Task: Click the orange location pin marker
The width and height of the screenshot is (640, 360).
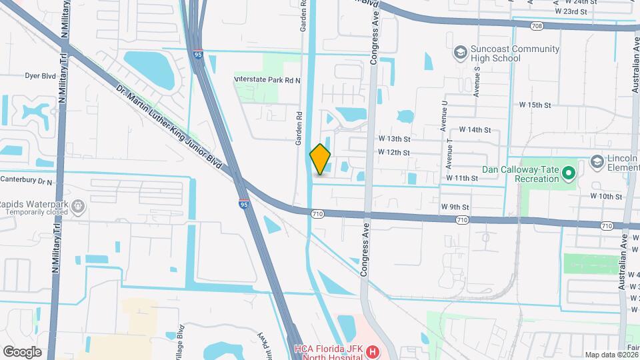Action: point(321,159)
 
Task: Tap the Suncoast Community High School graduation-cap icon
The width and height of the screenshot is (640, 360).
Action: point(459,52)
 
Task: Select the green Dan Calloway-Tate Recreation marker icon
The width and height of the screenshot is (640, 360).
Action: point(568,173)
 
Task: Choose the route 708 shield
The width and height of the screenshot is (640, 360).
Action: point(537,25)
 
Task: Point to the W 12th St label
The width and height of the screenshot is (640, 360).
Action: point(393,153)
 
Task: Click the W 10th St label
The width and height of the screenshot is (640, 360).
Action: point(605,197)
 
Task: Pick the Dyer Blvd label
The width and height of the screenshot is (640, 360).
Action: point(40,76)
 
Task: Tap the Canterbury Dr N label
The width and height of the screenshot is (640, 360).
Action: point(26,180)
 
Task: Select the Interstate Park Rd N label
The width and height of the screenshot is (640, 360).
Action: point(267,80)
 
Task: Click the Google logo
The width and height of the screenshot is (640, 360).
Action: point(22,351)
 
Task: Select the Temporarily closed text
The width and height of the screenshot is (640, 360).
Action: point(36,212)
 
